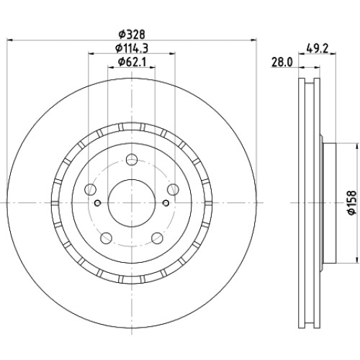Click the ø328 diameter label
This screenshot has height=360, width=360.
pos(132,35)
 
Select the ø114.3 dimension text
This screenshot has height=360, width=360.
pos(132,48)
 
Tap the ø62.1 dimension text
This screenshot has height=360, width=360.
pos(132,62)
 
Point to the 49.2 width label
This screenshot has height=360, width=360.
pos(317,49)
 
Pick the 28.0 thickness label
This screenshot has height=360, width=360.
pos(282,63)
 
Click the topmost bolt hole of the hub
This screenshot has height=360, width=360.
pos(132,160)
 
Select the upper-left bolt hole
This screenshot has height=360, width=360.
pos(90,189)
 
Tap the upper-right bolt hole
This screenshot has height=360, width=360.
pos(173,189)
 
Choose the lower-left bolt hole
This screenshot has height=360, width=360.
pos(107,238)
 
